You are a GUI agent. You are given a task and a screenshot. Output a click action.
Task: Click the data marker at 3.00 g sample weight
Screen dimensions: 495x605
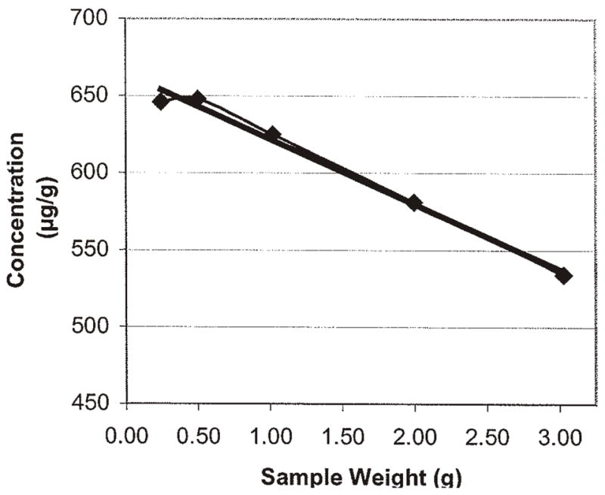coord(563,276)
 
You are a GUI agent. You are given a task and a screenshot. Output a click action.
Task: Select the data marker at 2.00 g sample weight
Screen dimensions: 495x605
coord(414,203)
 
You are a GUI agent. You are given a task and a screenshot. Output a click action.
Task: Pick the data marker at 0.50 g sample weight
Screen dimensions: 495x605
coord(197,98)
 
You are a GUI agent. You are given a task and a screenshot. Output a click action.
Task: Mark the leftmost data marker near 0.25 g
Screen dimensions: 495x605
coord(160,101)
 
